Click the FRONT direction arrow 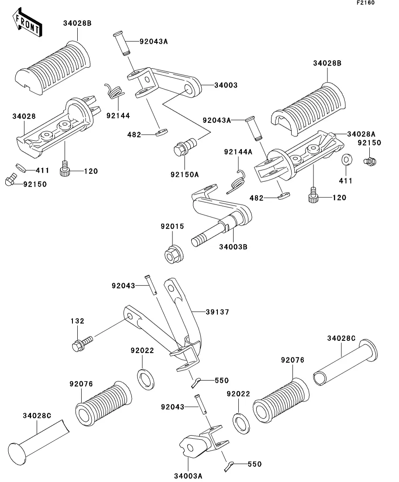[x=28, y=23]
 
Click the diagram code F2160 [x=365, y=3]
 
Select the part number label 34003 [x=226, y=85]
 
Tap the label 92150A [x=185, y=175]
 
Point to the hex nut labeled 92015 [x=174, y=254]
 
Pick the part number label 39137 [x=217, y=312]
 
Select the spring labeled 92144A [x=237, y=182]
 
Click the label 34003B [x=233, y=247]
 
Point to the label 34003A [x=188, y=476]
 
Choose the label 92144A [x=238, y=152]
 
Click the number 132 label [x=77, y=321]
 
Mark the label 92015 [x=172, y=226]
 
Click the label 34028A [x=361, y=134]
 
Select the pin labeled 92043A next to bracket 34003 [x=121, y=44]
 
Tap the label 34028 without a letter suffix [x=24, y=116]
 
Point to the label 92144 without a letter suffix [x=118, y=115]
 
